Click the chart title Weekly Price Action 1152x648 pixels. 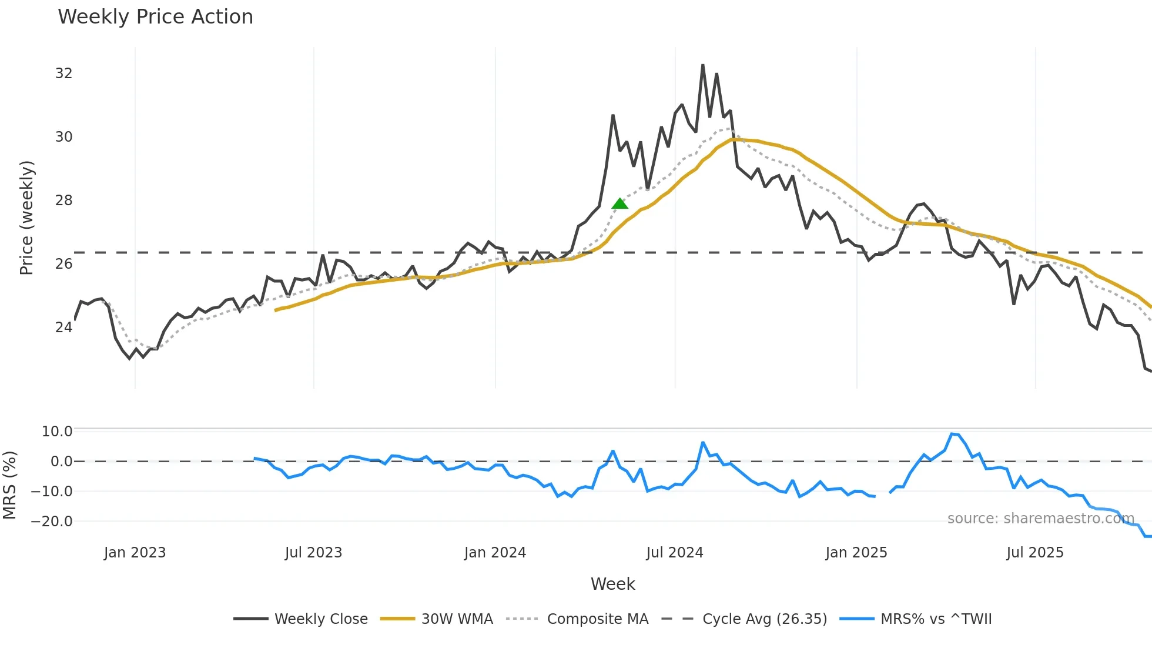coord(155,17)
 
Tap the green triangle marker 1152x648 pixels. coord(619,203)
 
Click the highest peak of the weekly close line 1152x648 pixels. coord(703,65)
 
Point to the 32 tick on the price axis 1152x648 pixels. coord(63,74)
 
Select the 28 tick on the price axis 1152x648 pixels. coord(63,201)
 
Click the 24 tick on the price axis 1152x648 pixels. coord(63,328)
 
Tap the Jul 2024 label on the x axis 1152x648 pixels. coord(674,553)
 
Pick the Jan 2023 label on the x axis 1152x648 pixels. coord(135,553)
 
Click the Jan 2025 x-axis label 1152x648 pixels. coord(856,553)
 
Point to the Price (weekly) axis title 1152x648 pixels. coord(26,218)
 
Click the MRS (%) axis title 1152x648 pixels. coord(9,485)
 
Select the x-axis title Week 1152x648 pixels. coord(612,584)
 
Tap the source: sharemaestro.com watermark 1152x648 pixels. coord(1040,519)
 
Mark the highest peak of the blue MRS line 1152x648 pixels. coord(952,434)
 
